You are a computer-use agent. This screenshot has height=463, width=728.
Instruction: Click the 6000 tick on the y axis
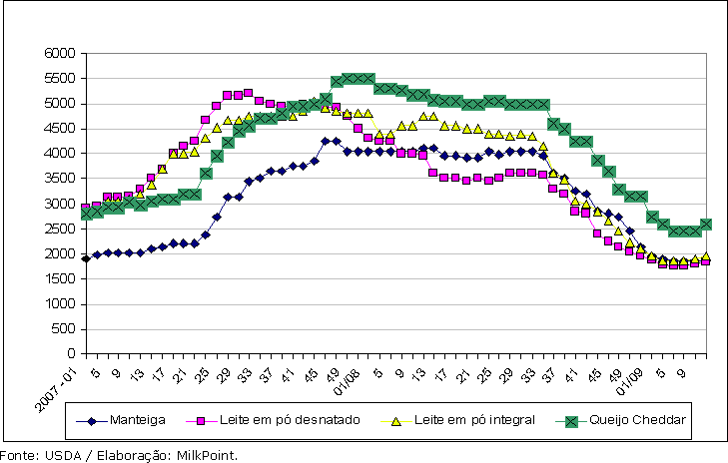62,53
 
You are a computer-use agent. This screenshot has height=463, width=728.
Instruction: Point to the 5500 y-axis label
62,78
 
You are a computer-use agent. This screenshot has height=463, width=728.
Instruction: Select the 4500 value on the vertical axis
62,128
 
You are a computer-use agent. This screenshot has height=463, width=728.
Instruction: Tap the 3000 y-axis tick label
62,204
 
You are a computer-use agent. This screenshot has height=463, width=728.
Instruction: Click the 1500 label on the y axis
62,278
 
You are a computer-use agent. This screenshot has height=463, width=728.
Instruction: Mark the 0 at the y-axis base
74,353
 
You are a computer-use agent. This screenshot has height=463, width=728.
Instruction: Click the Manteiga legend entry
137,421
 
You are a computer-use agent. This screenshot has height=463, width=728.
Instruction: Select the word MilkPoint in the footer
211,455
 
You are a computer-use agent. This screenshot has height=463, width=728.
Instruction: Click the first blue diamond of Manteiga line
86,257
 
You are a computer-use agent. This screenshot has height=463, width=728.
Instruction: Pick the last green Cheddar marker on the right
706,225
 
